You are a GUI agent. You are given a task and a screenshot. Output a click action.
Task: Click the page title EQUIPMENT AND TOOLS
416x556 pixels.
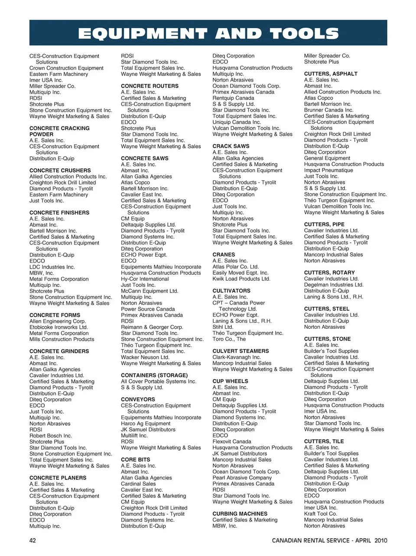[208, 33]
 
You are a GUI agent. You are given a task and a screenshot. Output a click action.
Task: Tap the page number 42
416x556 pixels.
[33, 540]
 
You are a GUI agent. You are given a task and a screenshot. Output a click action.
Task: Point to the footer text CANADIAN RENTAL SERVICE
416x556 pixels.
[311, 540]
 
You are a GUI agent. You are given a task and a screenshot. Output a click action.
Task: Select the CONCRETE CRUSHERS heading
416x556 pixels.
[60, 170]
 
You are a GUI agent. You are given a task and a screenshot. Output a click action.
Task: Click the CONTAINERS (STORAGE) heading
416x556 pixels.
[154, 375]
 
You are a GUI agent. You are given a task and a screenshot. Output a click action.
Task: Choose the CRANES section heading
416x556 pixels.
[224, 254]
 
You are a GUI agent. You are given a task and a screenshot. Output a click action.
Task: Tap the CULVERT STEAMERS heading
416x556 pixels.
[240, 351]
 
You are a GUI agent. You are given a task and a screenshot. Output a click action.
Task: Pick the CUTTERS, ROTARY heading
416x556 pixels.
[329, 273]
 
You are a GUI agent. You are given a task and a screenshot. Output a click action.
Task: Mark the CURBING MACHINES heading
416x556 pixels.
[240, 514]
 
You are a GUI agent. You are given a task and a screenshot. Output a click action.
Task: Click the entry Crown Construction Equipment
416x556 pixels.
[66, 68]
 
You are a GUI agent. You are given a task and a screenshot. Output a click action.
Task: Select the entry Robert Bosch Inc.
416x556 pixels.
[50, 436]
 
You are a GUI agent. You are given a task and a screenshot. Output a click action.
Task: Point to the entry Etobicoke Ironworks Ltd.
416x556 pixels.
[58, 327]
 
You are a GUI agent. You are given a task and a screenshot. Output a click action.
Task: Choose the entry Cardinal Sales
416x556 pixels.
[138, 484]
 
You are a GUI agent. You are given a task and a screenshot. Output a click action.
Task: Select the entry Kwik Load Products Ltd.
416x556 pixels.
[241, 279]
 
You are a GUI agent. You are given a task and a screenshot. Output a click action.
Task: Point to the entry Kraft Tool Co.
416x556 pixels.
[321, 514]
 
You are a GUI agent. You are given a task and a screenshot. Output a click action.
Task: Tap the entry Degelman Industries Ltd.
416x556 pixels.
[334, 285]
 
